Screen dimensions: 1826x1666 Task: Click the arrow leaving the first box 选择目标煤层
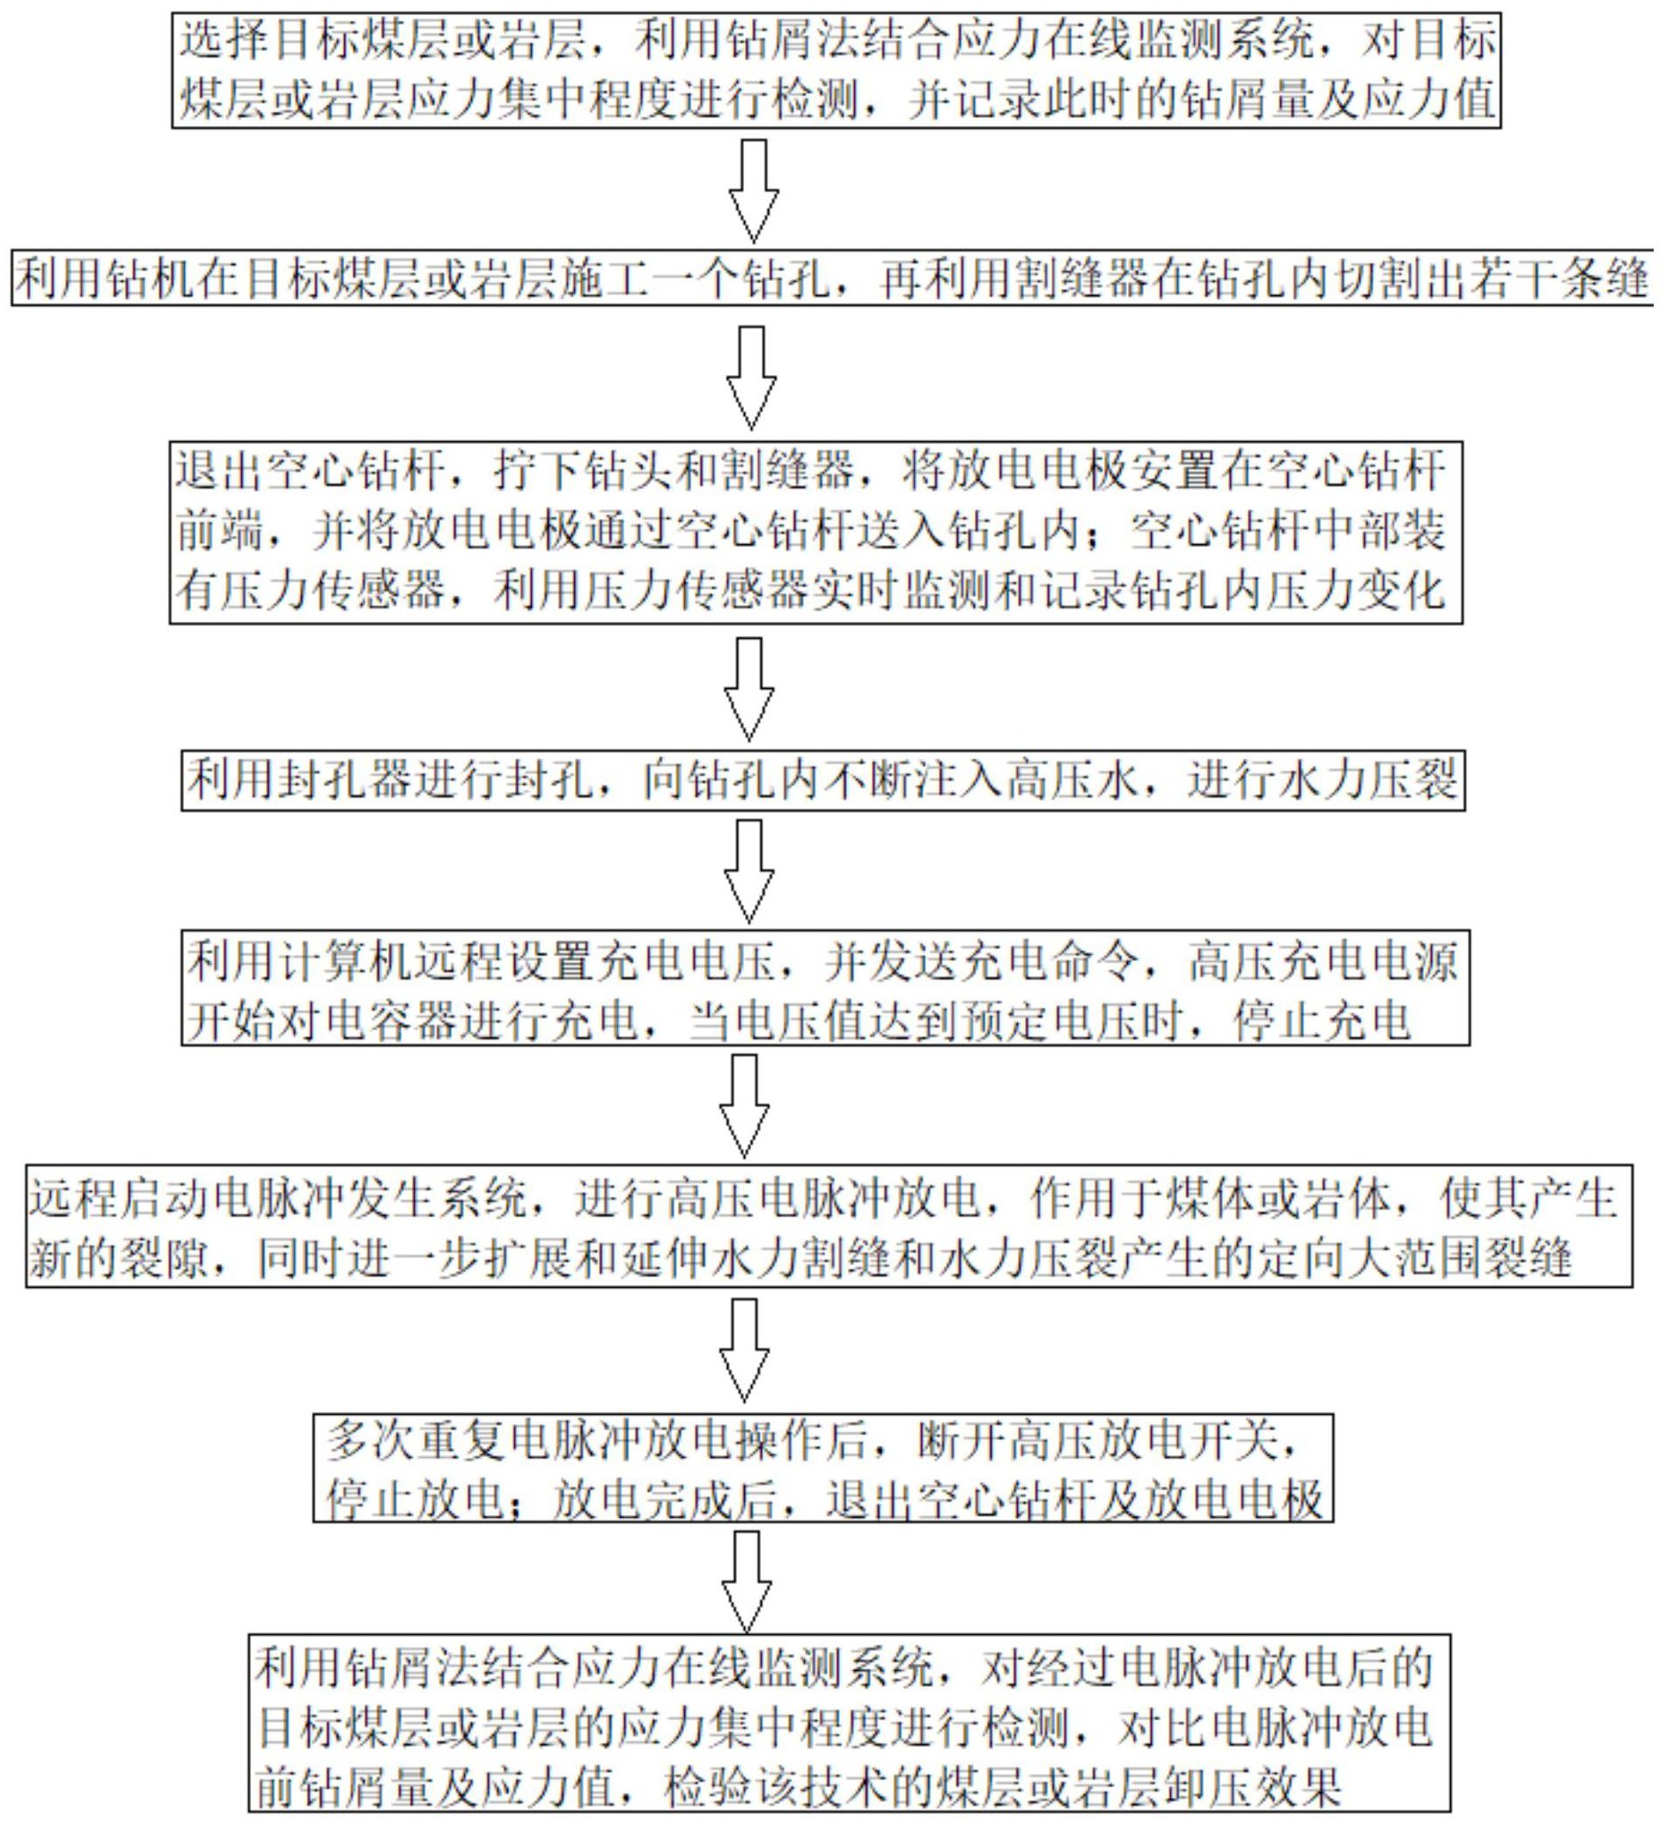(x=754, y=190)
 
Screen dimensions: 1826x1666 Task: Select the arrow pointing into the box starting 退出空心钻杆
(x=751, y=377)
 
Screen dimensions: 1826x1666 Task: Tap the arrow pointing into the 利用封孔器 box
(x=749, y=688)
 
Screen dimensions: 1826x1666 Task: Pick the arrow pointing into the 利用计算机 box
(x=749, y=870)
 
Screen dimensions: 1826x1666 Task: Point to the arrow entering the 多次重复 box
(x=744, y=1349)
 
